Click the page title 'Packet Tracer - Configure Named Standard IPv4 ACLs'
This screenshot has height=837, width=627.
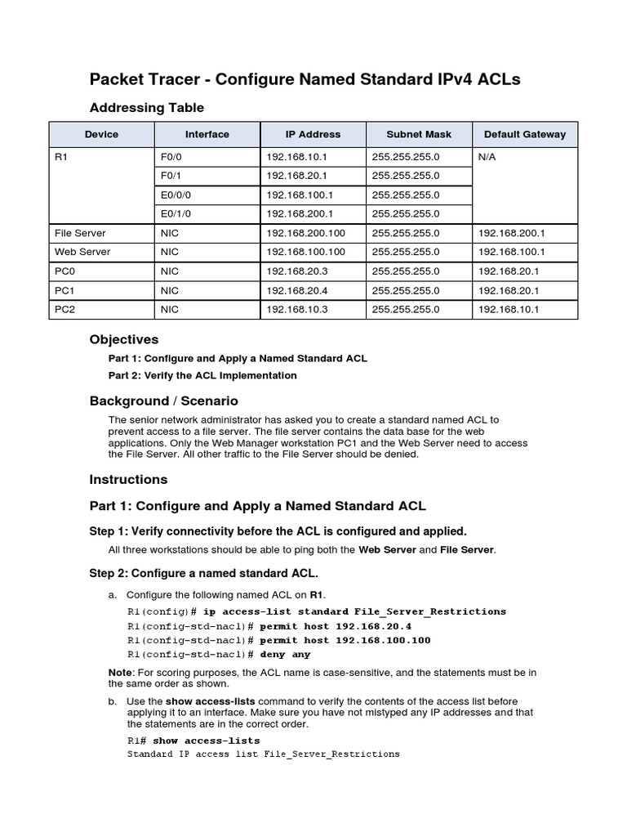click(305, 79)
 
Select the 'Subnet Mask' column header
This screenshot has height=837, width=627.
click(418, 134)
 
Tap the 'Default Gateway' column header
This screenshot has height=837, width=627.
click(524, 134)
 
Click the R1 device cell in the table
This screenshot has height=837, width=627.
click(61, 157)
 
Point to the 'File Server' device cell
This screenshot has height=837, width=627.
click(80, 233)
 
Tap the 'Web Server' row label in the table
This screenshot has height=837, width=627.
click(82, 252)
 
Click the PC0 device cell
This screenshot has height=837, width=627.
click(65, 271)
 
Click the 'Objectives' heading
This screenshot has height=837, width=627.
click(123, 339)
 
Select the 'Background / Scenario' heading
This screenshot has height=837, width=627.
click(163, 401)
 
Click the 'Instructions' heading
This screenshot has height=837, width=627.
click(128, 479)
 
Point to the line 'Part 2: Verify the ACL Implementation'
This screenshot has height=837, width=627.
click(202, 376)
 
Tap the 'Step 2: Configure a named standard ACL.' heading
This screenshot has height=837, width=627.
click(203, 573)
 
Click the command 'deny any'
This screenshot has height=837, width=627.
click(285, 655)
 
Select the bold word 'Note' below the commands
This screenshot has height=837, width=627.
click(119, 672)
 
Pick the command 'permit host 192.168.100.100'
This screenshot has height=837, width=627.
click(345, 640)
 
